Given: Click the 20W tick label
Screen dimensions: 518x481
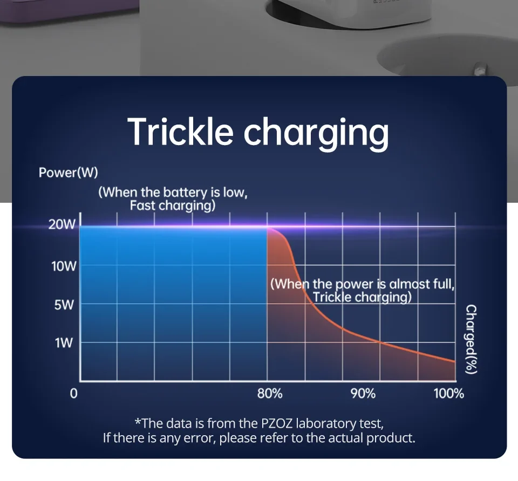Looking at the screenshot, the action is pyautogui.click(x=62, y=224).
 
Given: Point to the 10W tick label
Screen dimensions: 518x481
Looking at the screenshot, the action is pyautogui.click(x=64, y=266).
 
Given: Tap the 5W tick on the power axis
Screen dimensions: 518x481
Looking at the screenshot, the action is pyautogui.click(x=64, y=305).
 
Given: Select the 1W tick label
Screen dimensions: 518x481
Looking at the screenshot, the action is pyautogui.click(x=64, y=343).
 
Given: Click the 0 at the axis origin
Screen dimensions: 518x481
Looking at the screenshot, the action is pyautogui.click(x=74, y=394).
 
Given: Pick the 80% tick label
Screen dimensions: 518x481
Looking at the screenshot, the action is pyautogui.click(x=270, y=394).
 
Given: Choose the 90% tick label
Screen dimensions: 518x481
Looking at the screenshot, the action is pyautogui.click(x=363, y=394).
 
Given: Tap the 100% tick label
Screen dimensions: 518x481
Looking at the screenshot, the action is pyautogui.click(x=449, y=394).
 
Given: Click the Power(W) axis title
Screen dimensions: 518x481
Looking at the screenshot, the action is pyautogui.click(x=69, y=173).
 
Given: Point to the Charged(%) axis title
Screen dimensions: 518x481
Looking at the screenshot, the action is pyautogui.click(x=471, y=339).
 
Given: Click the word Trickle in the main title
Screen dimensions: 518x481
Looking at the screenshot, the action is pyautogui.click(x=181, y=132).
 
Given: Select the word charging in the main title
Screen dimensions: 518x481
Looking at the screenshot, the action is pyautogui.click(x=316, y=134).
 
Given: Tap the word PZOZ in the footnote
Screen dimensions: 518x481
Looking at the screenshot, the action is pyautogui.click(x=277, y=423).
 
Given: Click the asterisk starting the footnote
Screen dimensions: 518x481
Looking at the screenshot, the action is pyautogui.click(x=138, y=422).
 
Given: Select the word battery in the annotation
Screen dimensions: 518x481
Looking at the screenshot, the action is pyautogui.click(x=185, y=192).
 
